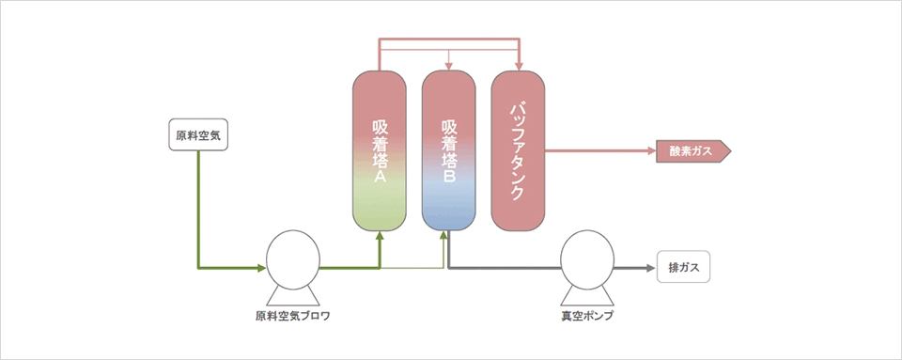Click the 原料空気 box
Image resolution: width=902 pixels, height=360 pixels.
(198, 135)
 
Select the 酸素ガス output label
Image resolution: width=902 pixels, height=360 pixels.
(693, 152)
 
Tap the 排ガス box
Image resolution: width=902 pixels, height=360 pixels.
(683, 267)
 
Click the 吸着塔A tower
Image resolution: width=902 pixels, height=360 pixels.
(380, 150)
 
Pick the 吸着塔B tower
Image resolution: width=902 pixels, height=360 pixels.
(449, 150)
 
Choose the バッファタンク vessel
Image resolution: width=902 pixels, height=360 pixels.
(518, 150)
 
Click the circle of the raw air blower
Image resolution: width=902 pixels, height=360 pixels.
(293, 257)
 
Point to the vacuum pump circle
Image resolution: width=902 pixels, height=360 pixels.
(587, 257)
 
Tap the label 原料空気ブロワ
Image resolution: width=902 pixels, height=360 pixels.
(293, 317)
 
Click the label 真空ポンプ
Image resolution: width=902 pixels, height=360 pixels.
(587, 317)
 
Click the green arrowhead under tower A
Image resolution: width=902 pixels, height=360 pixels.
(380, 236)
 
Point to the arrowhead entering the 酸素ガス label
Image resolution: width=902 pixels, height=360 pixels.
(652, 152)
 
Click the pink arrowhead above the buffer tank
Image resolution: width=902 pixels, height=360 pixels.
(519, 66)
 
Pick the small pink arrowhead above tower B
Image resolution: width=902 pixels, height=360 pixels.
(449, 67)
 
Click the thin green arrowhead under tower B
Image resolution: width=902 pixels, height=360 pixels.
(444, 235)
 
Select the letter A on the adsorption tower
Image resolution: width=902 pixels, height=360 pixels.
(380, 178)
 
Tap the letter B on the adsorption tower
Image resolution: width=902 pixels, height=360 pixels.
(449, 178)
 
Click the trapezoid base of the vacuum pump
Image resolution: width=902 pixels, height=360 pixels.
(587, 295)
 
